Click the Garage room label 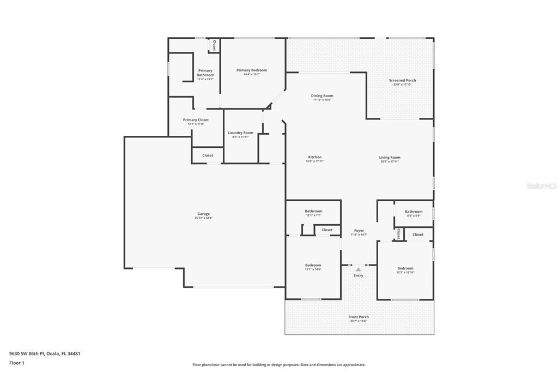pyautogui.click(x=203, y=214)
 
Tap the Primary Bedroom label pyautogui.click(x=251, y=70)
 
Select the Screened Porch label pyautogui.click(x=402, y=80)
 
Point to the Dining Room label pyautogui.click(x=322, y=95)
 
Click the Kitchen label pyautogui.click(x=314, y=157)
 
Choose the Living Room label pyautogui.click(x=390, y=158)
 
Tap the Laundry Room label pyautogui.click(x=240, y=133)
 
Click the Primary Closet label pyautogui.click(x=196, y=120)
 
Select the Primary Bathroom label pyautogui.click(x=205, y=73)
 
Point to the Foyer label pyautogui.click(x=359, y=230)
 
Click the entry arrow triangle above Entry pyautogui.click(x=358, y=269)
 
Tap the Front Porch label pyautogui.click(x=359, y=317)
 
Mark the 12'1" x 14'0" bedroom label pyautogui.click(x=313, y=266)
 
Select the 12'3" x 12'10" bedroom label pyautogui.click(x=405, y=268)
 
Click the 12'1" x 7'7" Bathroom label pyautogui.click(x=313, y=211)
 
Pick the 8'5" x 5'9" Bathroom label pyautogui.click(x=414, y=212)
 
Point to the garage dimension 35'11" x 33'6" pyautogui.click(x=203, y=218)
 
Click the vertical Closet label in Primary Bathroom pyautogui.click(x=214, y=46)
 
